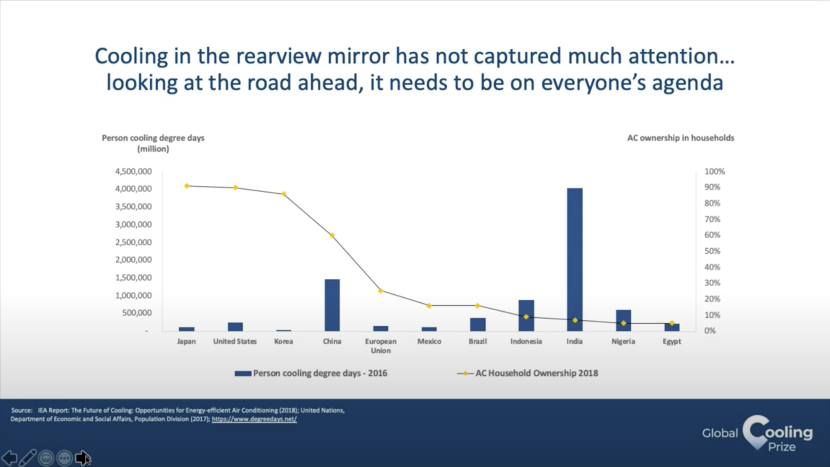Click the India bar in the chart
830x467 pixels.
575,259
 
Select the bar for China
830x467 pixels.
332,305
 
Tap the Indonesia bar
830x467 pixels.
526,315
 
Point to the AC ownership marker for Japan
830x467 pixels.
187,186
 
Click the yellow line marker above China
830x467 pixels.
332,236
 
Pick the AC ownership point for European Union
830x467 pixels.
380,291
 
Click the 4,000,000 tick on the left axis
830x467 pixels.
133,189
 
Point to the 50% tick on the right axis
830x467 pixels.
712,251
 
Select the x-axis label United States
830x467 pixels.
235,341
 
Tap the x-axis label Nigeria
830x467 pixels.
623,341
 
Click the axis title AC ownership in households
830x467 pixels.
680,138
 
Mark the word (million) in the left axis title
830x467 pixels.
153,149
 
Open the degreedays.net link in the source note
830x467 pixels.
254,419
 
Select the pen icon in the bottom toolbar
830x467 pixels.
28,458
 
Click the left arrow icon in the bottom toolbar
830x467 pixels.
9,458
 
